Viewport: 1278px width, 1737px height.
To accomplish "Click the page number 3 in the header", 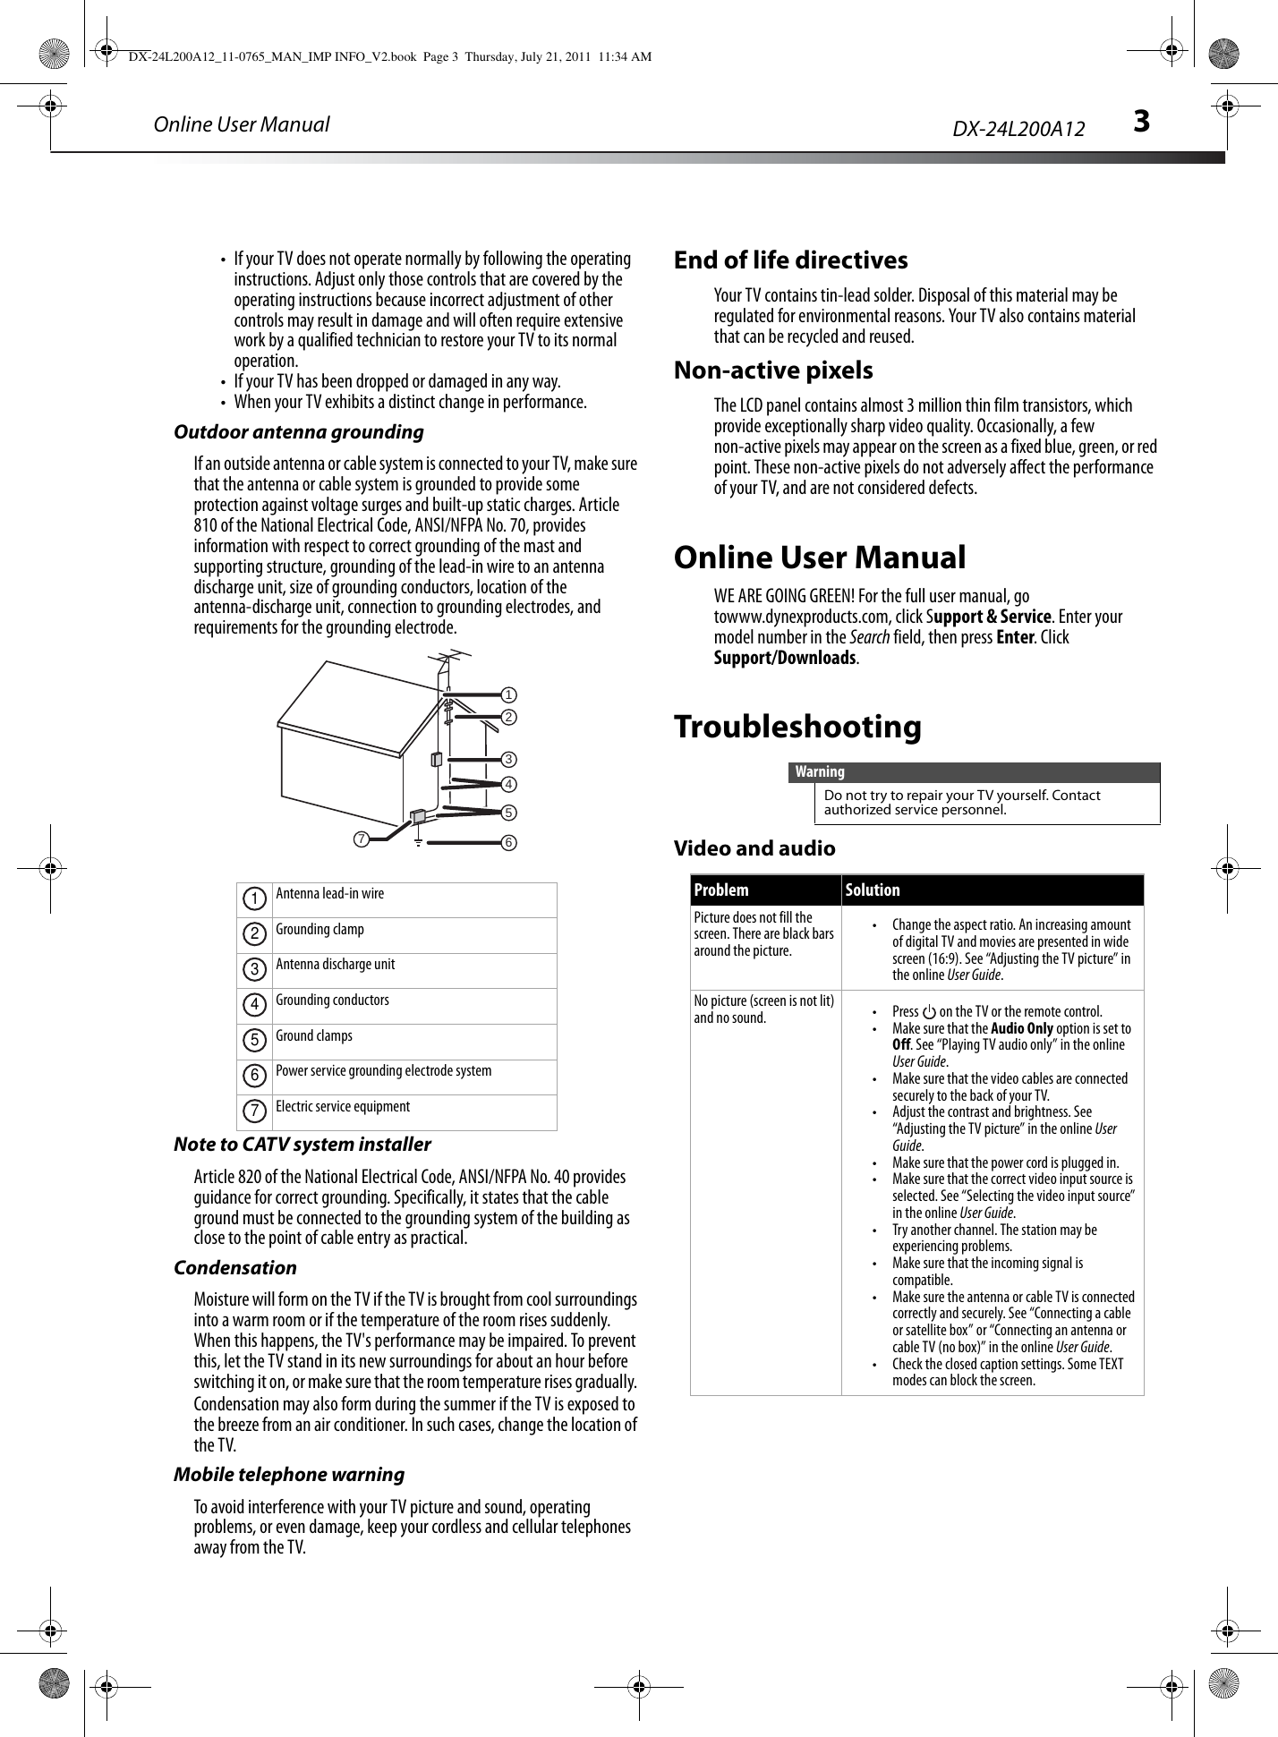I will (x=1140, y=123).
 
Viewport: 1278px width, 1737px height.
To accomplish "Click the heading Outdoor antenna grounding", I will (x=298, y=432).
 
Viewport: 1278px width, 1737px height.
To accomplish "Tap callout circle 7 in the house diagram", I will (x=360, y=839).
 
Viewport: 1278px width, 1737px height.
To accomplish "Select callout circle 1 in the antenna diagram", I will (x=507, y=694).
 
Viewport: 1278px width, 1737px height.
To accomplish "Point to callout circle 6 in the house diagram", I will (x=507, y=843).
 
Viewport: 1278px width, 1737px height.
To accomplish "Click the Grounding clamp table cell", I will (x=319, y=929).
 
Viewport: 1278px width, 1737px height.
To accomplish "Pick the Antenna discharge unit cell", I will (x=335, y=965).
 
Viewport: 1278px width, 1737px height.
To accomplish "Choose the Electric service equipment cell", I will (x=342, y=1106).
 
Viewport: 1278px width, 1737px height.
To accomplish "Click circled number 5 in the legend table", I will (x=255, y=1040).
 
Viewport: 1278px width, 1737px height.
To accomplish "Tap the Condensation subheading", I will (x=234, y=1268).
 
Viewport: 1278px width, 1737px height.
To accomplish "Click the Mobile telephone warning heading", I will (x=288, y=1474).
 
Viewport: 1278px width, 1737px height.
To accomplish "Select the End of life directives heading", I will (x=790, y=260).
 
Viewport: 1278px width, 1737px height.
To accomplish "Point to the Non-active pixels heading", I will (x=773, y=370).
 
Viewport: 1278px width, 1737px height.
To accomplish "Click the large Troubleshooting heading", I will (x=797, y=726).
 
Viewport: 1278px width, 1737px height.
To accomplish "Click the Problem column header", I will (x=721, y=890).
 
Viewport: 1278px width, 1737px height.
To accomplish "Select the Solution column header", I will (x=873, y=890).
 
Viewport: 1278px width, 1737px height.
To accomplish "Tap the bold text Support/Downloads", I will (x=784, y=658).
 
